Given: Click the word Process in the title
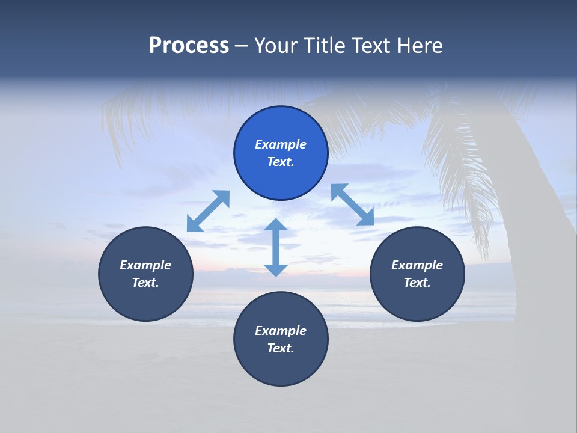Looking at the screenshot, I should coord(189,46).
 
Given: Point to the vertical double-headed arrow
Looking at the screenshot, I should coord(276,247).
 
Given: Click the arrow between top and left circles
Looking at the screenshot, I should coord(208,211).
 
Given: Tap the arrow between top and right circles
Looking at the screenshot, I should coord(352,204).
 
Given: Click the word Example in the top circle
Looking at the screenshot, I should coord(281,144).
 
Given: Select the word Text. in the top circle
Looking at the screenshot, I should coord(281,162).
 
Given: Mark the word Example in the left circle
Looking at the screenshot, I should coord(145,265).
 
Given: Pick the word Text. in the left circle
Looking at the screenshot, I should coord(145,283).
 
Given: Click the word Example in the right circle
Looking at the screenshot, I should coord(417,265).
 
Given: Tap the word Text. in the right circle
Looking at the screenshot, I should coord(417,283).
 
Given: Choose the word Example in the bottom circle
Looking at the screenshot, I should coord(281,331).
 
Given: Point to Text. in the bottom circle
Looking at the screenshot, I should coord(281,348).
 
